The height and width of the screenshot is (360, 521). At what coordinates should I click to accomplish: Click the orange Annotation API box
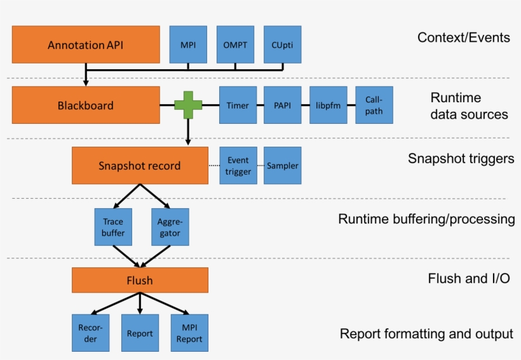(86, 44)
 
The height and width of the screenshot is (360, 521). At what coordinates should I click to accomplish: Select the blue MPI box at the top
(188, 44)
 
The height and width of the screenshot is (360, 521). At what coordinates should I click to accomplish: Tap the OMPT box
(235, 44)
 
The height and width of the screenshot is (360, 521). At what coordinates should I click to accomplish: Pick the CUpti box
(282, 44)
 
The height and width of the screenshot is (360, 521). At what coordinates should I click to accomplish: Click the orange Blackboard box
(86, 105)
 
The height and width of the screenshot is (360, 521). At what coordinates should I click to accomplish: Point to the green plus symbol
(188, 105)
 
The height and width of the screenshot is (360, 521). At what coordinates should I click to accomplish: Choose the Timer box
(238, 105)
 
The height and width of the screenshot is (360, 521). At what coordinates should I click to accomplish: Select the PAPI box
(282, 105)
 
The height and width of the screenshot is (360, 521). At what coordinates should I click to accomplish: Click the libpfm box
(329, 105)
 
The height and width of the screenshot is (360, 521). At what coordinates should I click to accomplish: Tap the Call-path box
(374, 105)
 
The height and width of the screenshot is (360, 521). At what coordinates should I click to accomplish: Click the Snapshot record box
(140, 166)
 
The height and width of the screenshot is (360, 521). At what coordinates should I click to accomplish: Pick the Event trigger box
(238, 166)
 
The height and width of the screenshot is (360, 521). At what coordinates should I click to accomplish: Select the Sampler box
(282, 166)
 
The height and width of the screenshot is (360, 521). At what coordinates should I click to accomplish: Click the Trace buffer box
(114, 227)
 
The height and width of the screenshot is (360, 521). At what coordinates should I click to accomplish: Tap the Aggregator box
(170, 227)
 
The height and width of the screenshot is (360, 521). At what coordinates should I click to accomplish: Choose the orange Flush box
(140, 280)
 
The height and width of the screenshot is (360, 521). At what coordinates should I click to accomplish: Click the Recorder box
(90, 333)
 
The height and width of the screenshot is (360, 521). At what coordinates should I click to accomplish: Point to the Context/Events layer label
(463, 37)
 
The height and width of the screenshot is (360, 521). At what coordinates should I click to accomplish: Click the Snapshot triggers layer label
(461, 159)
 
